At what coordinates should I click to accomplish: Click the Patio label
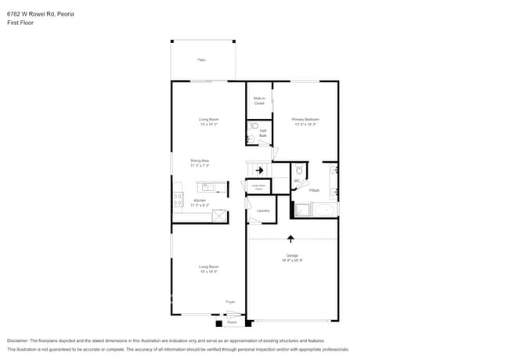click(x=201, y=59)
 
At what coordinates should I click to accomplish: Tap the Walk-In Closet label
click(x=258, y=101)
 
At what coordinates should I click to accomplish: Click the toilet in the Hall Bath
click(x=253, y=126)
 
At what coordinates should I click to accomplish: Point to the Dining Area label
click(x=200, y=163)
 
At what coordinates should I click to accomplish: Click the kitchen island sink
click(x=208, y=187)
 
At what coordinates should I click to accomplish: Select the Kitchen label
click(x=200, y=202)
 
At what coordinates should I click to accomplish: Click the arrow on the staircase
click(x=259, y=170)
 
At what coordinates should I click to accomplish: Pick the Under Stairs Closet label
click(x=258, y=187)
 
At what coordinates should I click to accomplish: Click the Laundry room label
click(x=263, y=210)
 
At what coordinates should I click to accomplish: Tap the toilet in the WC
click(x=299, y=170)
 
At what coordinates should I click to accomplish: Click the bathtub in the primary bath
click(x=324, y=210)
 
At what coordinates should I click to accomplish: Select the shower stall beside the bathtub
click(x=301, y=210)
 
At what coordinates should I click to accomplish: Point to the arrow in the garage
click(x=291, y=238)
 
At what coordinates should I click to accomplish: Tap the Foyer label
click(x=230, y=301)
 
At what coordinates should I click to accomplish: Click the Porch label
click(x=232, y=322)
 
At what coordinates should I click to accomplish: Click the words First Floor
click(x=20, y=23)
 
